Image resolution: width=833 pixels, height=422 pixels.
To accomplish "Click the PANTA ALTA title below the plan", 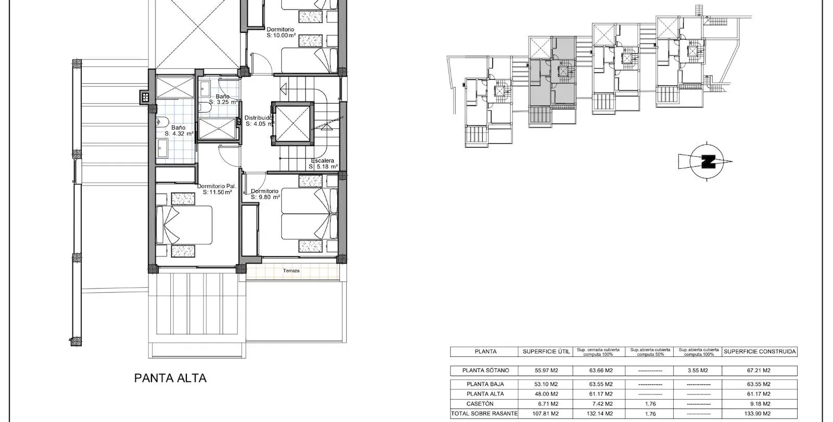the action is pos(170,378).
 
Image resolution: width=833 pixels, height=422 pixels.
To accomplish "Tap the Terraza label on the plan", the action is pos(291,271).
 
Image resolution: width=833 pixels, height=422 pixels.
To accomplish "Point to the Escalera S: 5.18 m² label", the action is pos(323,164).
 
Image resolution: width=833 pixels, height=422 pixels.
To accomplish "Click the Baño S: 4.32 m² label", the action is pos(179,131).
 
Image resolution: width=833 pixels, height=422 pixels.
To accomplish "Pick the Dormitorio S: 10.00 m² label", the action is pos(281,32).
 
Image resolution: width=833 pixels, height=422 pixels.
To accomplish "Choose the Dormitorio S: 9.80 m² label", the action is pos(265,194).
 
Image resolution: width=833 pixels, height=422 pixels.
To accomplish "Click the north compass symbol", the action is pos(706,162).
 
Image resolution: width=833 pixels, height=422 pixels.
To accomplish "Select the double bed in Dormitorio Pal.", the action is pos(184,225).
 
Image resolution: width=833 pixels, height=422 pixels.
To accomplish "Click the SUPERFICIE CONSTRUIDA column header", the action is pos(760,351).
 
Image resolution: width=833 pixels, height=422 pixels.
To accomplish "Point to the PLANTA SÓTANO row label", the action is pos(485,370).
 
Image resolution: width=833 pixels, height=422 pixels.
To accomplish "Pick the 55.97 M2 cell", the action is pos(546,370).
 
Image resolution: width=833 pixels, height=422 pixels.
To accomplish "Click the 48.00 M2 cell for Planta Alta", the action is pos(546,394).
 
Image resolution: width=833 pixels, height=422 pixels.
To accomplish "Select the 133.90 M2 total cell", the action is pos(760,414).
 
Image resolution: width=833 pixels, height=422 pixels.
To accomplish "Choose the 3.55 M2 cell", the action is pos(698,370).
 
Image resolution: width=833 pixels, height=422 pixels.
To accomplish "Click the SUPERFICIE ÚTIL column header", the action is pos(546,351).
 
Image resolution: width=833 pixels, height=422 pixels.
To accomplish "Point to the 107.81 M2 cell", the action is pos(546,414).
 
